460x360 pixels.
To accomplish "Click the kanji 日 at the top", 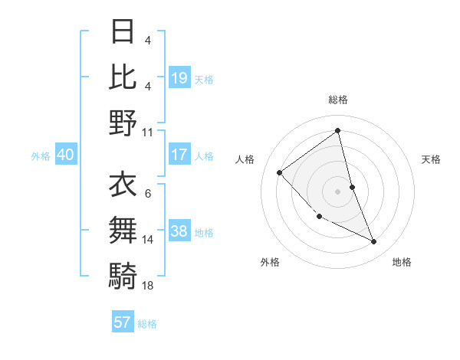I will (123, 32).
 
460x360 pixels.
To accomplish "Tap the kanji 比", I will (123, 77).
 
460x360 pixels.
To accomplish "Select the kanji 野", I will (123, 123).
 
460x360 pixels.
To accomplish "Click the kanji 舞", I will (123, 229).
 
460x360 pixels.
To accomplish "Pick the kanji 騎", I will (123, 273).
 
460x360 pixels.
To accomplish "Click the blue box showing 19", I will (179, 77).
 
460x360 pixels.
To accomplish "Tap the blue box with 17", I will (179, 155).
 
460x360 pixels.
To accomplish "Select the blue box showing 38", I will (179, 231).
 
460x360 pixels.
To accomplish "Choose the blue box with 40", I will (65, 155).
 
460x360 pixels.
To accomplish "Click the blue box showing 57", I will (123, 322).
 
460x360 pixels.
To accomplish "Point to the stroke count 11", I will (148, 132).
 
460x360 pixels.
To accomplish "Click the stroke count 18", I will (148, 285).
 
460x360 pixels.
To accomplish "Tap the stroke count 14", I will (148, 240).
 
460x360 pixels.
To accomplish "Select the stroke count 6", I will (147, 194).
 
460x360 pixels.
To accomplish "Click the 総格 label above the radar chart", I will (338, 100).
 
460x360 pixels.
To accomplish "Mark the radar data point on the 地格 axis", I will (374, 242).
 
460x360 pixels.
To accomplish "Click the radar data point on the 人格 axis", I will (280, 172).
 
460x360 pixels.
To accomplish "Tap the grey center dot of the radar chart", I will (338, 191).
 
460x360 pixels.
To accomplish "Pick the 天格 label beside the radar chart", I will (432, 159).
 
